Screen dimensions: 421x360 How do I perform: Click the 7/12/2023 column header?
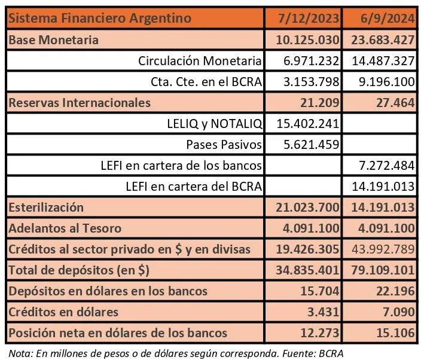coord(308,19)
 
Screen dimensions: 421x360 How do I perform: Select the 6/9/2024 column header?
coord(388,19)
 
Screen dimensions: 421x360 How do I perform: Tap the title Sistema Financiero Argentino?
coord(100,19)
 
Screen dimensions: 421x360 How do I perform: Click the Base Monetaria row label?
coord(53,40)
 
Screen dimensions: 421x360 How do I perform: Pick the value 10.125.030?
coord(307,40)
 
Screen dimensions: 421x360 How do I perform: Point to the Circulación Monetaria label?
coord(200,60)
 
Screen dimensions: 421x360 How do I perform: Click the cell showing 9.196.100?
coord(387,81)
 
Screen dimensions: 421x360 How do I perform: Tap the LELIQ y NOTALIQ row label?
coord(214,124)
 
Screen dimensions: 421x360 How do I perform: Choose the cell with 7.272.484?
coord(387,166)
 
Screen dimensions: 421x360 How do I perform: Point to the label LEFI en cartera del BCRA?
coord(194,187)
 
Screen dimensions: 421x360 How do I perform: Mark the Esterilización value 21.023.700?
coord(307,208)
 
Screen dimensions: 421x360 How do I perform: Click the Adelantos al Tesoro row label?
coord(65,228)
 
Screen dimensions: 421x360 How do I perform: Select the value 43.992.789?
coord(383,249)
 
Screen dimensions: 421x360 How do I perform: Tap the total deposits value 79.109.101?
coord(383,270)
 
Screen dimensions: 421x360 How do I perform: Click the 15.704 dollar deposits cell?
coord(319,291)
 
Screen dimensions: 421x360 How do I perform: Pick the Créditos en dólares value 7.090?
coord(399,312)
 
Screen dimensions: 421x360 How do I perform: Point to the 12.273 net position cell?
coord(319,333)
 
